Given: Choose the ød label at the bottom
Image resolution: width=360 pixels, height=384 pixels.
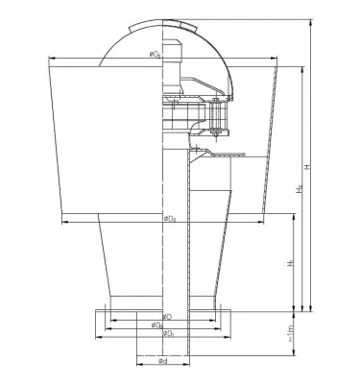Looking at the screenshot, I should click(164, 361).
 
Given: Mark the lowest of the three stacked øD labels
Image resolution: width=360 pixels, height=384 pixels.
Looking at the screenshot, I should click(169, 334).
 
